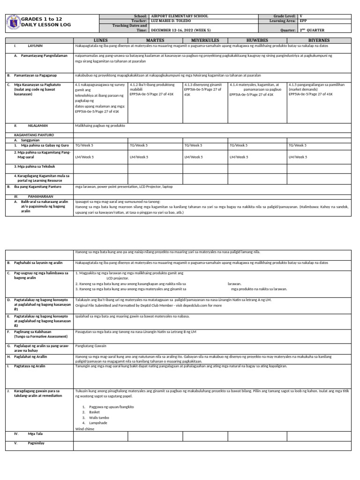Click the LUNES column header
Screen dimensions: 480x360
pyautogui.click(x=101, y=40)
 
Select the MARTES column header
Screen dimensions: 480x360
pyautogui.click(x=155, y=40)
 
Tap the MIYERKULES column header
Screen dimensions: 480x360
pyautogui.click(x=205, y=40)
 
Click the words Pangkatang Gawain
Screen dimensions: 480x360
pyautogui.click(x=91, y=347)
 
